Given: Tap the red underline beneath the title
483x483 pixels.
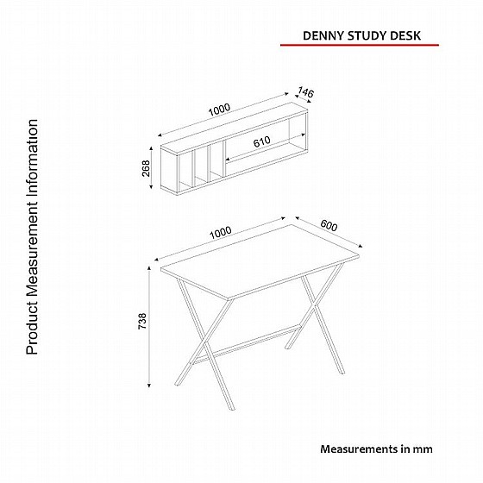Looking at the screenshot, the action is coord(360,45).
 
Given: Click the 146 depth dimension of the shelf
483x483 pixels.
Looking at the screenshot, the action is coord(305,92).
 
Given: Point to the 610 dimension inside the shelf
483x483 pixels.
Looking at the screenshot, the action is coord(262,141).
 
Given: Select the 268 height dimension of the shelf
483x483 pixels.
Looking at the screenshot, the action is coord(146,168).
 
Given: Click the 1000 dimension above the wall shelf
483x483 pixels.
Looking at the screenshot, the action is coord(219,110).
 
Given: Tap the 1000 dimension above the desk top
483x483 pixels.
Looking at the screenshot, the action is coord(221,233).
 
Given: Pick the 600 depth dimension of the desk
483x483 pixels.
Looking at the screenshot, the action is coord(329,225).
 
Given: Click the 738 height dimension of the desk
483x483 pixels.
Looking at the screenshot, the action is coord(142,321).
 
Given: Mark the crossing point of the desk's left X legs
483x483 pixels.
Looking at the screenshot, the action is coord(204,344).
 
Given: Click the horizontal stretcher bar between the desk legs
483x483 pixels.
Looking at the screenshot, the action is coord(247,342).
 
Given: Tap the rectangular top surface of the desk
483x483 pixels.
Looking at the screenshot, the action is coord(260,262).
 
